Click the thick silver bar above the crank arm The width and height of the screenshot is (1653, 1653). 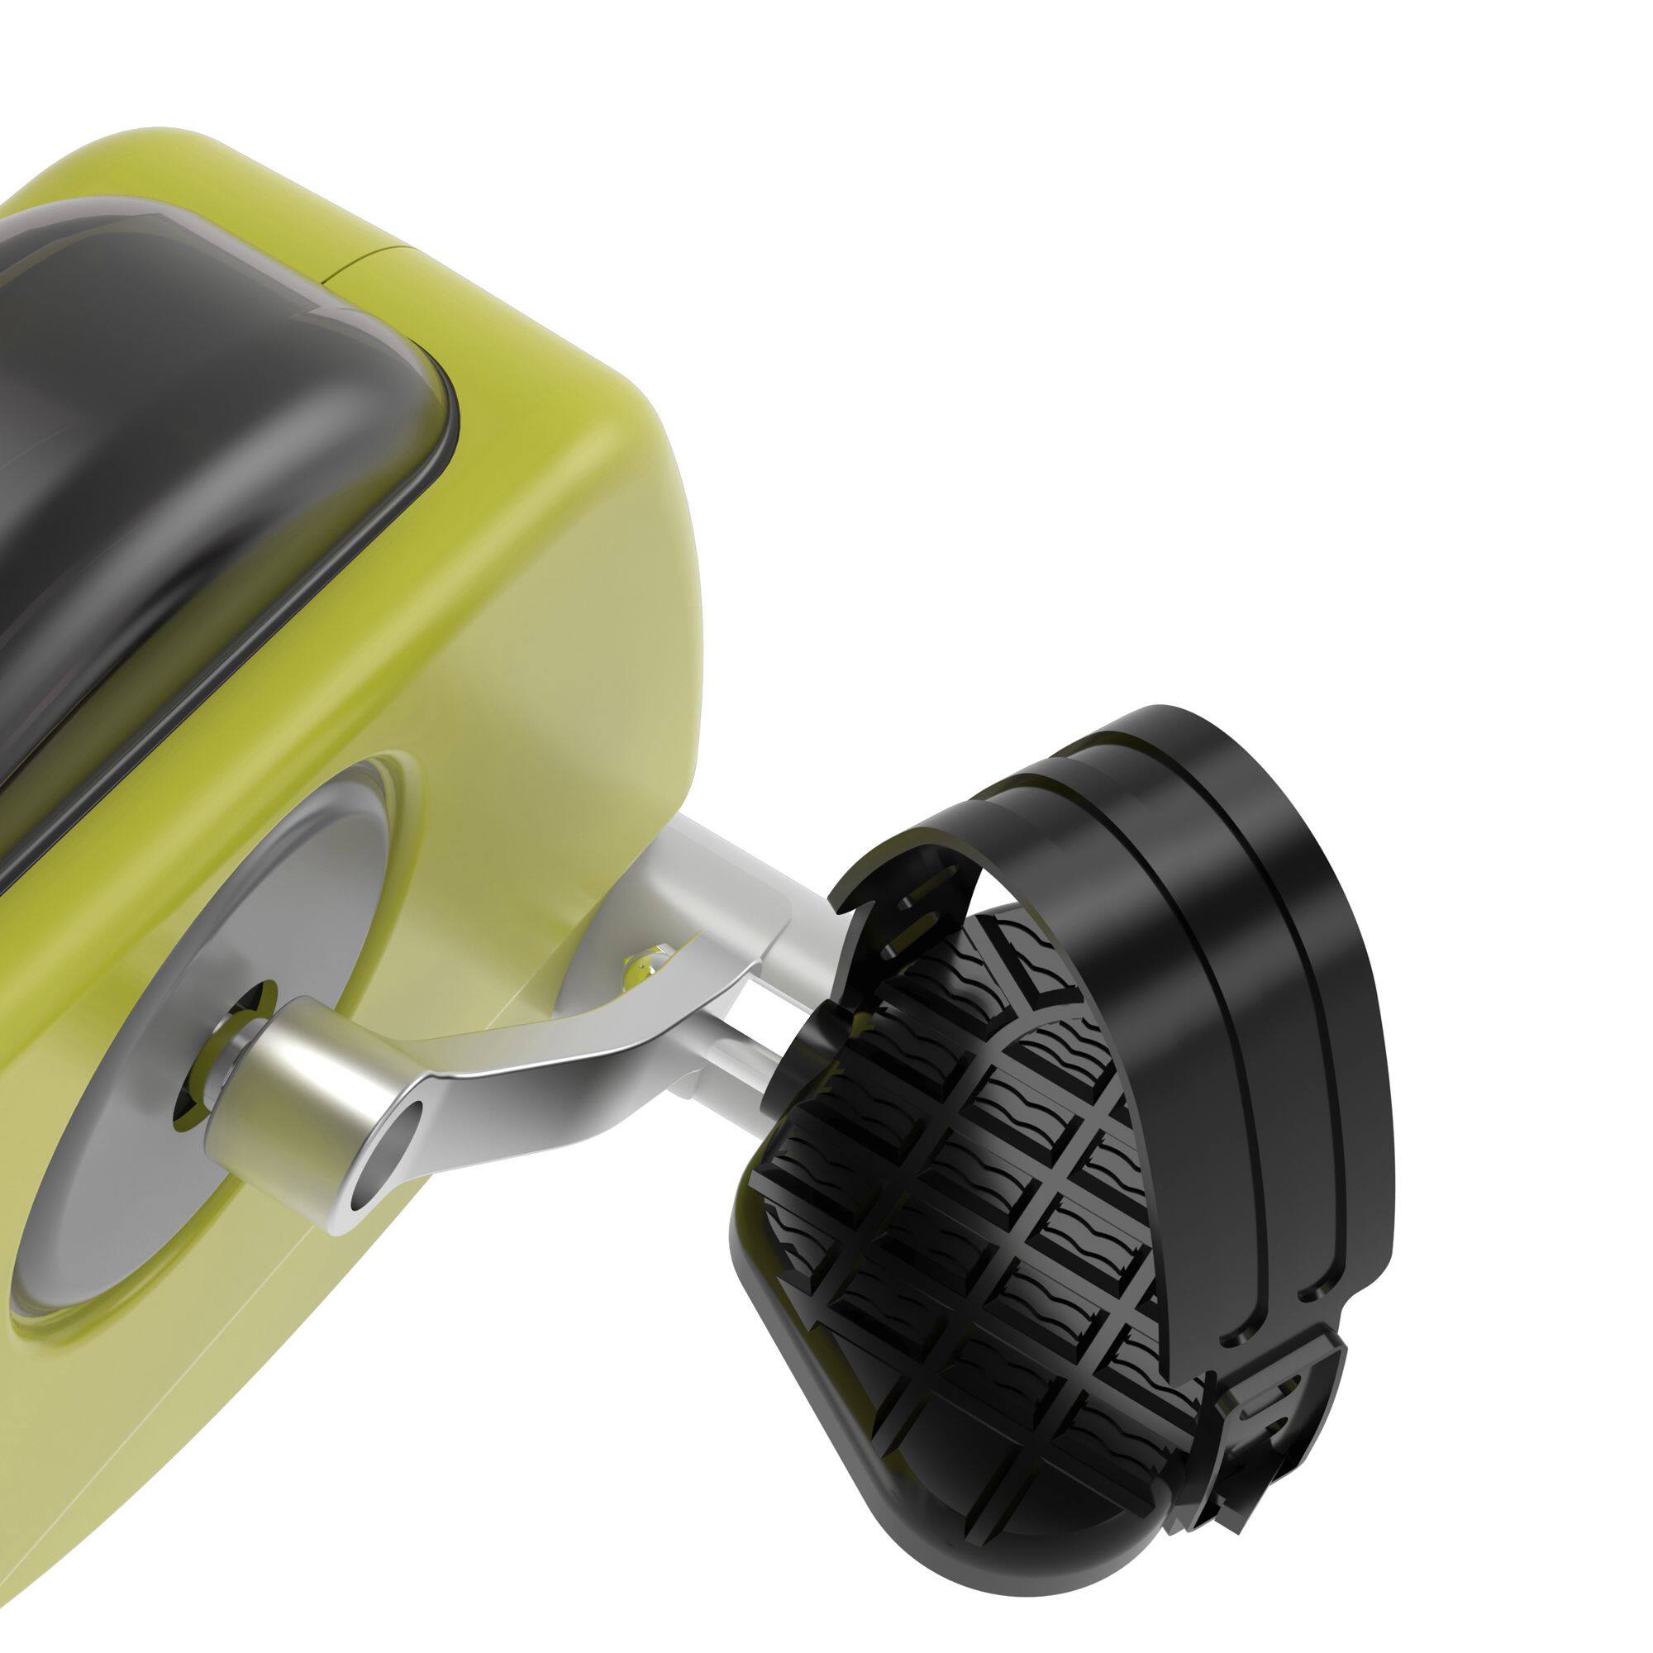point(727,873)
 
